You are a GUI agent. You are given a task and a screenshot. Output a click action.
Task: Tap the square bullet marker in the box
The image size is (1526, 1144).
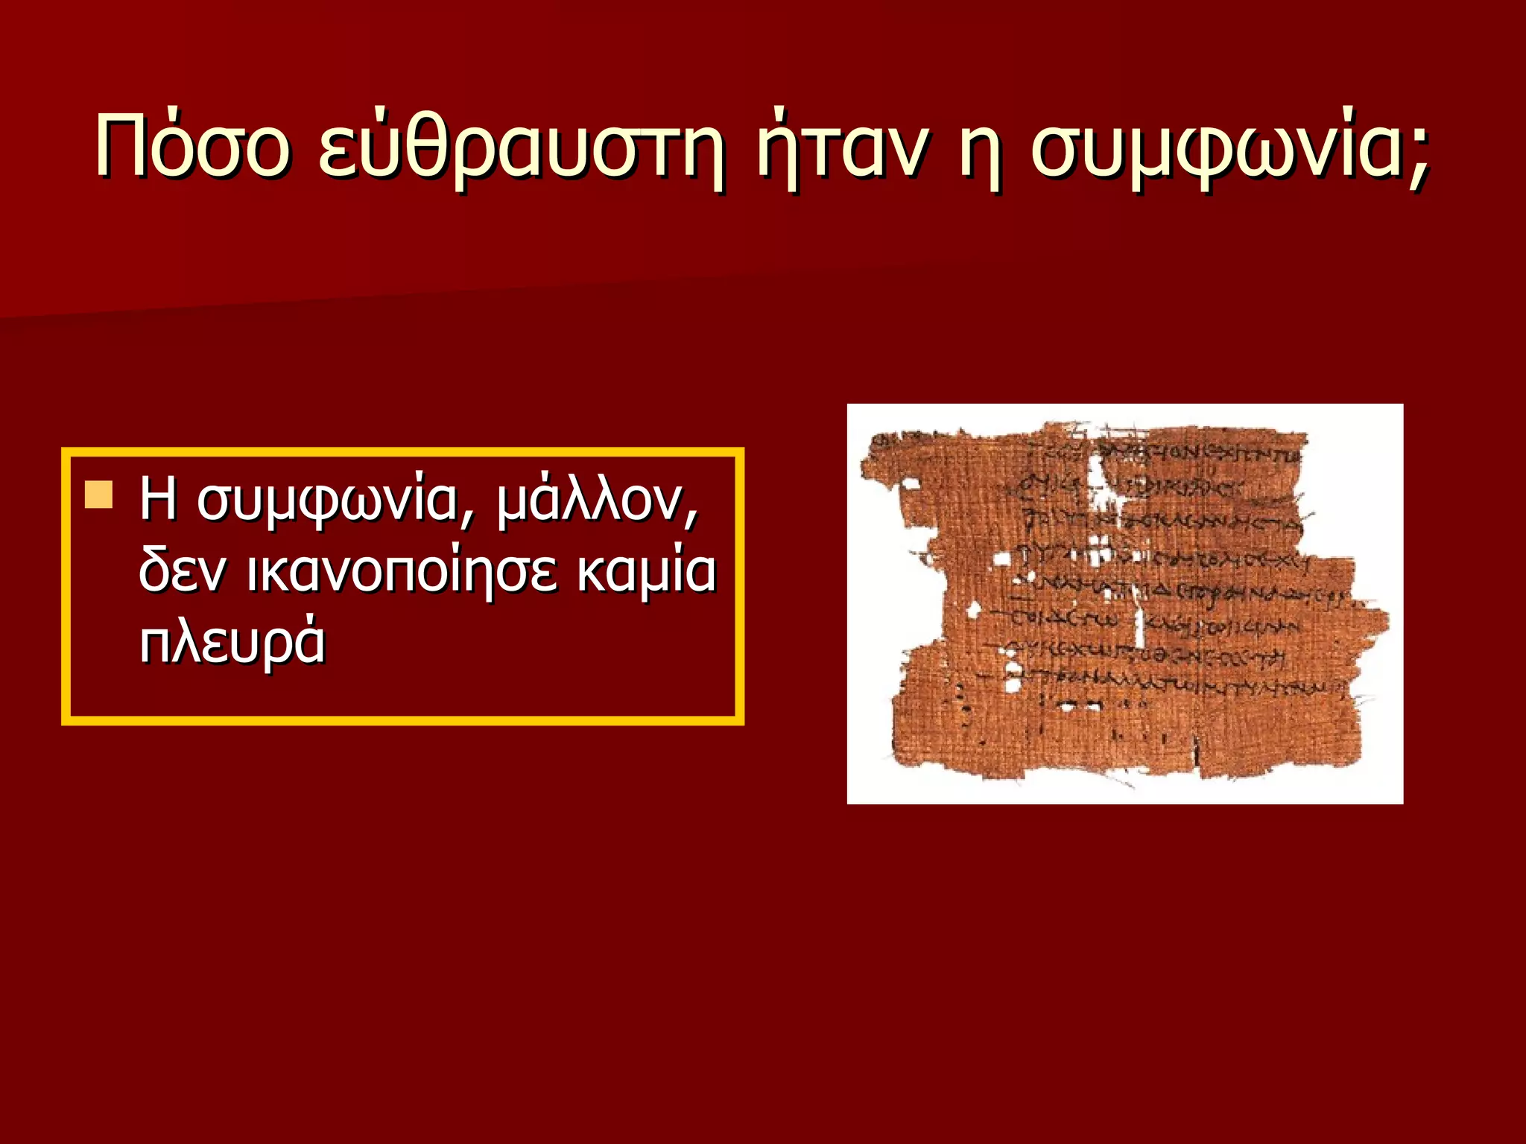point(98,495)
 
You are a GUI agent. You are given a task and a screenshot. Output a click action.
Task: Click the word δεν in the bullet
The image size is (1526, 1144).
point(183,571)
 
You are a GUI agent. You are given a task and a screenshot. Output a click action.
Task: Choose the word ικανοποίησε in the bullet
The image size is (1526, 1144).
point(402,571)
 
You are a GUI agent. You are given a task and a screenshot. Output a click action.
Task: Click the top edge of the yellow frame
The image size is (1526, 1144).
point(402,451)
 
